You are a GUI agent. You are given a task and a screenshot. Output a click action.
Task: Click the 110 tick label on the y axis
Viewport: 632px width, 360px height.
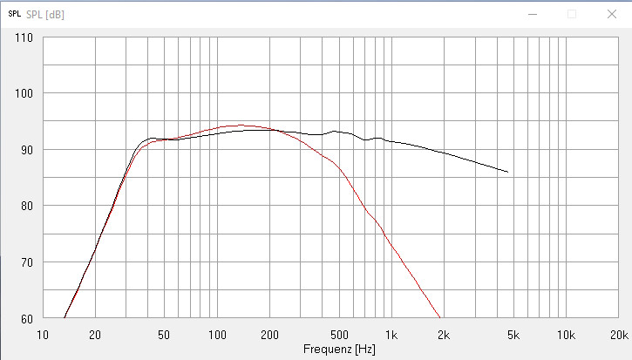coord(24,37)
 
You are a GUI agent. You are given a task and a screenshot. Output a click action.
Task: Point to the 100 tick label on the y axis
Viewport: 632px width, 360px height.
coord(24,93)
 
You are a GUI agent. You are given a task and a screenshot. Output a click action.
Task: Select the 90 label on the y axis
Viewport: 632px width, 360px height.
coord(26,150)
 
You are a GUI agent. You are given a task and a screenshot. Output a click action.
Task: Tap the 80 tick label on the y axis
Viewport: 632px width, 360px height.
coord(26,206)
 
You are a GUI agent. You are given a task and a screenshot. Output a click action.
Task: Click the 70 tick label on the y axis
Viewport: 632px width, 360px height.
coord(26,262)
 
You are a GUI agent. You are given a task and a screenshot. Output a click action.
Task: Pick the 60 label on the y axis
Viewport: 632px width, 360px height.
coord(26,318)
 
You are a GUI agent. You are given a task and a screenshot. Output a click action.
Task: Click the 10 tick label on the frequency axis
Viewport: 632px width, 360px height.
coord(43,333)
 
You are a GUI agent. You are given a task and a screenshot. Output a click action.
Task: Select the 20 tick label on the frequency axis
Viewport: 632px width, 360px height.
coord(95,333)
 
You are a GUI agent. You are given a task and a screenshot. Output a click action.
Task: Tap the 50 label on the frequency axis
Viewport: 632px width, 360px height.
coord(165,333)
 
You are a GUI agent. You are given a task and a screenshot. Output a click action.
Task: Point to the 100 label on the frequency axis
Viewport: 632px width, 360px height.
coord(217,333)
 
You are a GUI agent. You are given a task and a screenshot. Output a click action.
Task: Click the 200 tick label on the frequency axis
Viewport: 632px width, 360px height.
coord(269,333)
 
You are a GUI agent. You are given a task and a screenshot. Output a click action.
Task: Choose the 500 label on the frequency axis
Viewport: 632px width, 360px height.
coord(339,333)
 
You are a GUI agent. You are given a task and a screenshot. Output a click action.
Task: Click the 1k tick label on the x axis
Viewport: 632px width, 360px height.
coord(391,333)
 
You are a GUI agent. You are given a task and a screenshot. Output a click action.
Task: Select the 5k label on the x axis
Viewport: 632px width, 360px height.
coord(513,333)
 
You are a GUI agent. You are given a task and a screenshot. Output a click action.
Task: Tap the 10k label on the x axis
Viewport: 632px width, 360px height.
coord(566,333)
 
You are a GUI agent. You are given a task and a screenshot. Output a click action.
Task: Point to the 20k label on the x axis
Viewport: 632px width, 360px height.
coord(618,333)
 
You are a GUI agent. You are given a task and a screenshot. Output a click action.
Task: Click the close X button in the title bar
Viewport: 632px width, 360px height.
coord(611,14)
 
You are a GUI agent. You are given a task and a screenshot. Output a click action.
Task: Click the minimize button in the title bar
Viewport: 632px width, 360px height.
coord(532,14)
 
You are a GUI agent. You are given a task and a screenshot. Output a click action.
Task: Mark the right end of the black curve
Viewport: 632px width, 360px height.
coord(507,172)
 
